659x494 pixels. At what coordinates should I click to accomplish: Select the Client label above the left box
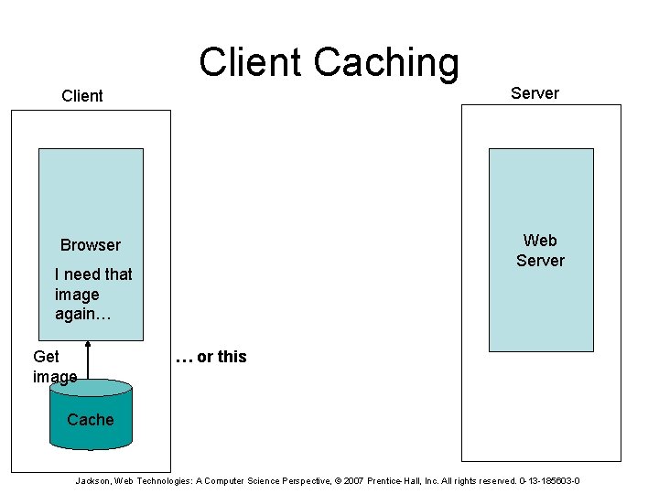82,96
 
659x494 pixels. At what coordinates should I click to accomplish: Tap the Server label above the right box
535,93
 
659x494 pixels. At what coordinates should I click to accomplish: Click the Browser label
91,245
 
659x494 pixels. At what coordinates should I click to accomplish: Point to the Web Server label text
540,251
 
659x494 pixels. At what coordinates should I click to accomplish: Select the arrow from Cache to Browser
89,359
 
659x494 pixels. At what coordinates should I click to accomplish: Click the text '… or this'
211,357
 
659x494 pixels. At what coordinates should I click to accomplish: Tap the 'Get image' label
54,367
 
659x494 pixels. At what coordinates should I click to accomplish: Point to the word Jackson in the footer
93,481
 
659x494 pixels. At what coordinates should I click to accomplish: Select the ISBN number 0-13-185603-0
549,481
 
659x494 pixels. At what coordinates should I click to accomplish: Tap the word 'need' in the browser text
82,274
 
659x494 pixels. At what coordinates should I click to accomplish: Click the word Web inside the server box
540,241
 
